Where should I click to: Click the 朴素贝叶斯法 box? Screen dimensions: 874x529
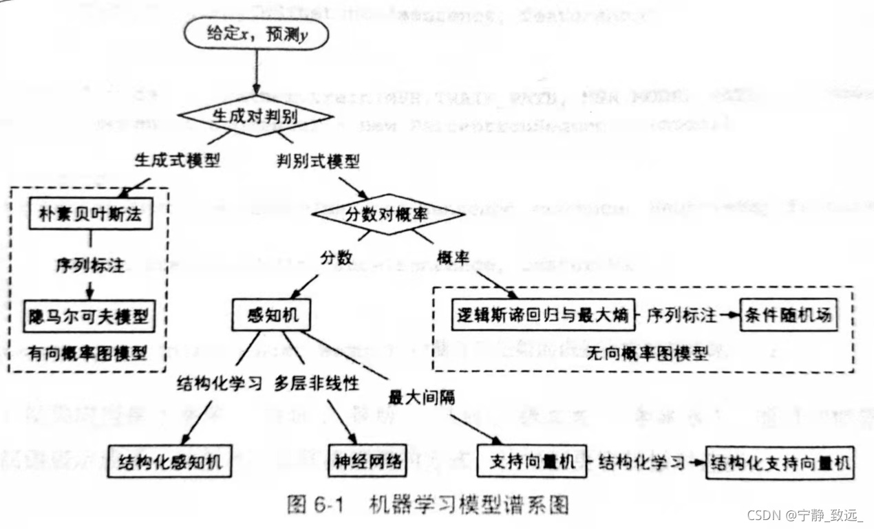[x=89, y=214]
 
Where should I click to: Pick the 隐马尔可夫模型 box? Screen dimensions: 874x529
[x=89, y=317]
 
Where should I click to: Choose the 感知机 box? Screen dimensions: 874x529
[x=270, y=316]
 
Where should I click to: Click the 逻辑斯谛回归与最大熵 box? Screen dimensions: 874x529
[x=542, y=316]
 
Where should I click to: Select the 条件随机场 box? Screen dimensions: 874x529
[x=789, y=316]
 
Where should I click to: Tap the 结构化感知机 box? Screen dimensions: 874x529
[x=170, y=462]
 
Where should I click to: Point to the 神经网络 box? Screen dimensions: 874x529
[x=368, y=462]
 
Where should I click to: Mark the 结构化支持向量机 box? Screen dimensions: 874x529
[x=780, y=462]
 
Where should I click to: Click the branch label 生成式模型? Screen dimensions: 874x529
[x=177, y=162]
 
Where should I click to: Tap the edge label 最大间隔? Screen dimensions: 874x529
[x=421, y=398]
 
